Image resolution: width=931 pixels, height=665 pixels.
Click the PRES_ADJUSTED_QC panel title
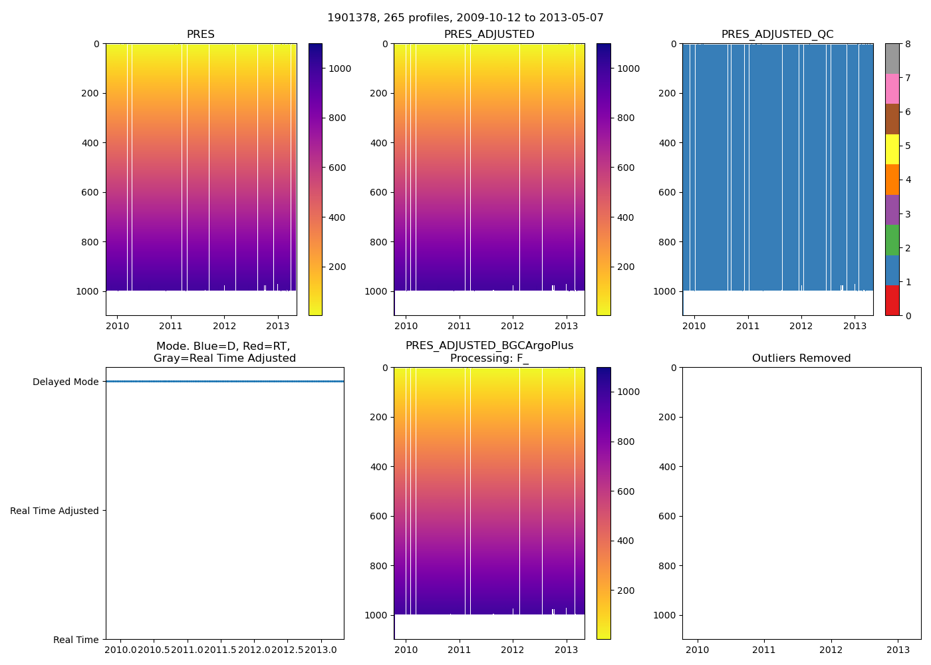(777, 35)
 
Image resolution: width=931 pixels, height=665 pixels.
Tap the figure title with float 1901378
(465, 18)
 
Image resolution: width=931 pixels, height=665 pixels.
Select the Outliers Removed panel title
(801, 358)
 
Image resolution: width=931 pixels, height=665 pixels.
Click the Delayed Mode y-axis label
(65, 382)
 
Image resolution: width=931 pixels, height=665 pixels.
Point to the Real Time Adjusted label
(55, 511)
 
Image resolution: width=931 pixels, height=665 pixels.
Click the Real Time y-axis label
(76, 640)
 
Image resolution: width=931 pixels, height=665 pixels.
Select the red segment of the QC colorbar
(892, 301)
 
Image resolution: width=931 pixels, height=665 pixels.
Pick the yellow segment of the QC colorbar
(892, 150)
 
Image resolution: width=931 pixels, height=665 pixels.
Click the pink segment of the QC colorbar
(892, 89)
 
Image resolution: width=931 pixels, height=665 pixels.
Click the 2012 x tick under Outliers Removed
(831, 649)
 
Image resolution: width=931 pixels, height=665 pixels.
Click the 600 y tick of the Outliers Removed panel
(669, 516)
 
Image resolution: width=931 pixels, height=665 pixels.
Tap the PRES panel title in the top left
(200, 35)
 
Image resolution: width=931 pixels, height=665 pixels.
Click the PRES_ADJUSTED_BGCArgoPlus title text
(489, 346)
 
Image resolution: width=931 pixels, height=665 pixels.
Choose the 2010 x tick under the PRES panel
(118, 326)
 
